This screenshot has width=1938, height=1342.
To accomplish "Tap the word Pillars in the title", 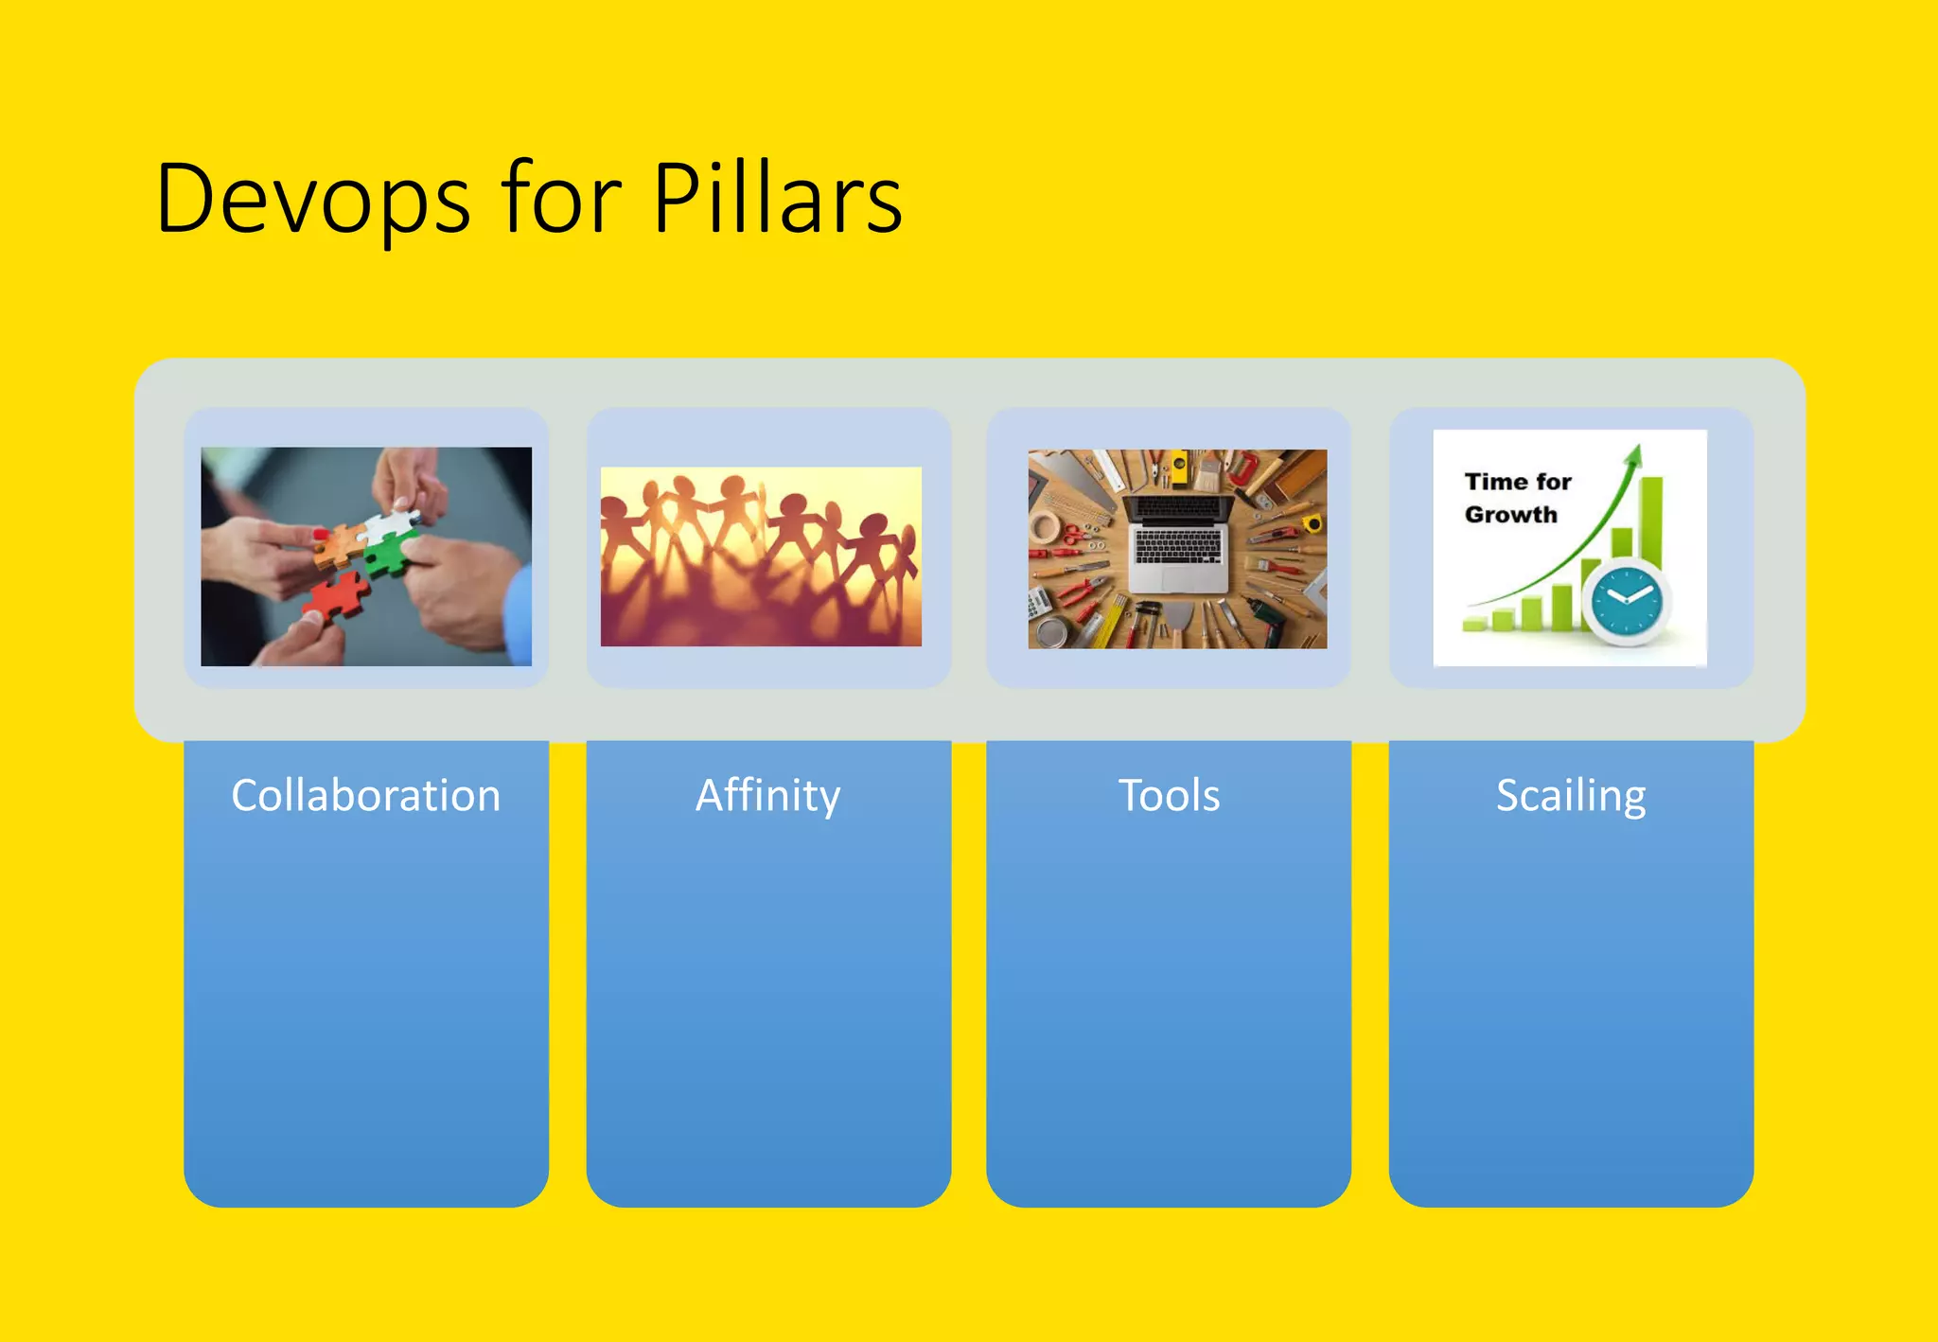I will (777, 199).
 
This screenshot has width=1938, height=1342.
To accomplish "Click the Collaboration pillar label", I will (365, 795).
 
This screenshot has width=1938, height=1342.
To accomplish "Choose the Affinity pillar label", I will (767, 795).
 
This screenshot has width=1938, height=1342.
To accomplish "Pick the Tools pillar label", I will (1169, 795).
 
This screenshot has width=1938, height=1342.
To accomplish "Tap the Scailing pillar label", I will (1571, 795).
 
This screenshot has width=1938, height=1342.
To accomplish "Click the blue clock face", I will (1628, 600).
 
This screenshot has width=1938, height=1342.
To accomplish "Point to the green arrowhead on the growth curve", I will (1633, 455).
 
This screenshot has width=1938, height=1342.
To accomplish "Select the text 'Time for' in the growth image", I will (1518, 482).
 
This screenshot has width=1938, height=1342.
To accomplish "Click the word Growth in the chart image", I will (1510, 515).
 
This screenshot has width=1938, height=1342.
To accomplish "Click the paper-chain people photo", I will (761, 556).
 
